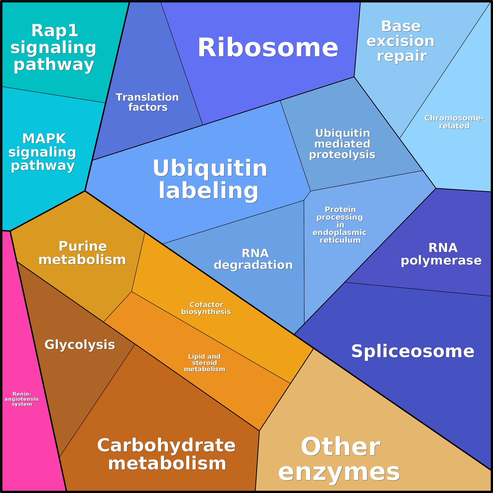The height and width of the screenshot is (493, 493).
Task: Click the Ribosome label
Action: (x=268, y=48)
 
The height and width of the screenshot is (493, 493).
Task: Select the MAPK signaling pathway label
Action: (x=43, y=152)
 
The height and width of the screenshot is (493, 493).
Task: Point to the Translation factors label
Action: (x=148, y=102)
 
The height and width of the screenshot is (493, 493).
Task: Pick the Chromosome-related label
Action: (x=454, y=122)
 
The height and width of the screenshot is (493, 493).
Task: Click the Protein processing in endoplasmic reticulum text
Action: (x=340, y=225)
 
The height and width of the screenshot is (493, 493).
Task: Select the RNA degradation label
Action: (x=254, y=259)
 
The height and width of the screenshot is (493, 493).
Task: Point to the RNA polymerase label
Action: (x=441, y=254)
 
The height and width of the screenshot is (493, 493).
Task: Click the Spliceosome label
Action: (x=413, y=351)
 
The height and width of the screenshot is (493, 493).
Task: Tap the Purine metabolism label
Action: (x=82, y=253)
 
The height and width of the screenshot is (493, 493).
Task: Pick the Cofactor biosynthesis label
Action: (x=206, y=308)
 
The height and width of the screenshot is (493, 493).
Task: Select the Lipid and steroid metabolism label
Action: (x=204, y=363)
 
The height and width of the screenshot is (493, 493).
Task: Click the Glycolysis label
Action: (x=80, y=345)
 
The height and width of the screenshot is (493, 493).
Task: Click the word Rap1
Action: (x=55, y=31)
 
